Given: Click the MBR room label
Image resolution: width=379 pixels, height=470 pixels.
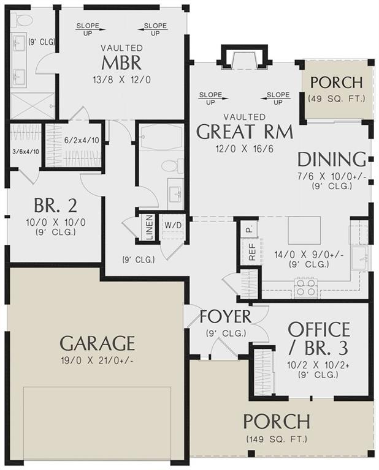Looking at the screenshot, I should [x=121, y=62].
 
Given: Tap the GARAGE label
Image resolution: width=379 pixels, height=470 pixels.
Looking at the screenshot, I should [x=97, y=342].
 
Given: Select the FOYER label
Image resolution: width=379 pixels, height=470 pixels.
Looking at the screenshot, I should [x=226, y=317].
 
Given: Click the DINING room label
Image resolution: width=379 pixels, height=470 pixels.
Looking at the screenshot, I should [x=331, y=160].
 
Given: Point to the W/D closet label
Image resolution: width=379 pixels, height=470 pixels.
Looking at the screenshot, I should [x=172, y=225].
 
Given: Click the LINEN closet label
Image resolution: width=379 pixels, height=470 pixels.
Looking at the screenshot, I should [x=148, y=226].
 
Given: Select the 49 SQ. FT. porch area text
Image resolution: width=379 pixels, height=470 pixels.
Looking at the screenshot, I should [x=336, y=98].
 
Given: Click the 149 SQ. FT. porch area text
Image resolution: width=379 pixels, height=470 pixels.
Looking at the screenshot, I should [x=276, y=439].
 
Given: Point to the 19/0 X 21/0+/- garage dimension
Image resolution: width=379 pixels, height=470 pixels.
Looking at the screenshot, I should [x=97, y=360].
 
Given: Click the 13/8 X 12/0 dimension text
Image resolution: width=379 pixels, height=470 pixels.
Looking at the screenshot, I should [x=121, y=79].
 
